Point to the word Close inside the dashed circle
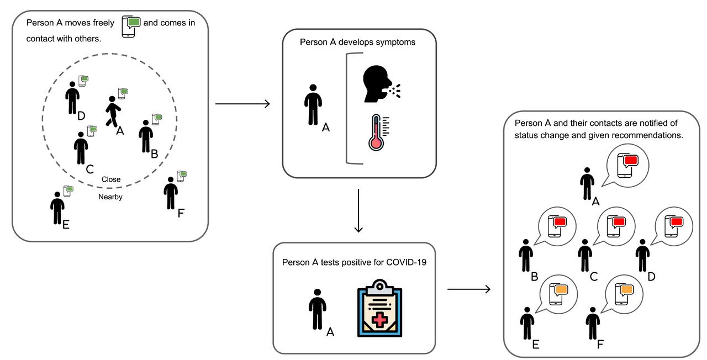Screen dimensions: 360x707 click(111, 179)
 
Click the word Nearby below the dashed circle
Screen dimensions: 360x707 click(110, 197)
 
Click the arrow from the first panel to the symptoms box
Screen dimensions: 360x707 click(242, 103)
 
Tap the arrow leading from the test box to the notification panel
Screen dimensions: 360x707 click(469, 289)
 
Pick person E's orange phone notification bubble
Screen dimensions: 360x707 click(558, 292)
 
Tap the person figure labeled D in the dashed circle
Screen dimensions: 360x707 click(72, 98)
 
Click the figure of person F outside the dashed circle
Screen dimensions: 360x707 click(171, 193)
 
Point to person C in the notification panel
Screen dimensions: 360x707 click(584, 256)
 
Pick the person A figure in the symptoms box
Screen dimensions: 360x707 click(313, 104)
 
